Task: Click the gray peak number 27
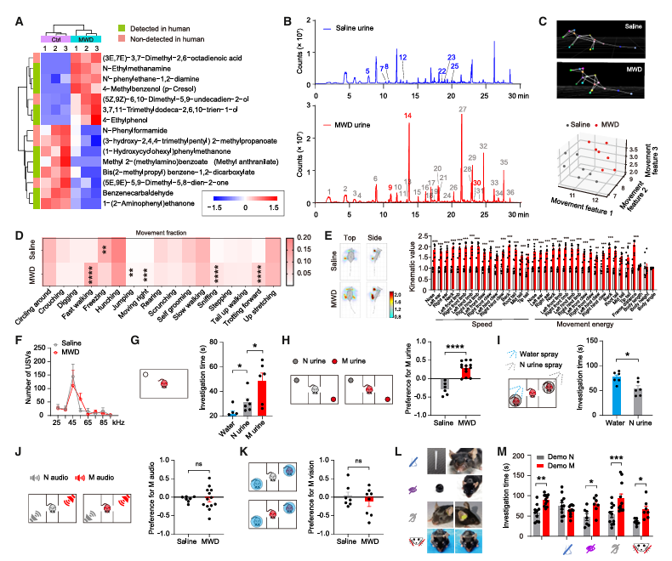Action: coord(462,110)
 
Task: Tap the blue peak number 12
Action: coord(402,56)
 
